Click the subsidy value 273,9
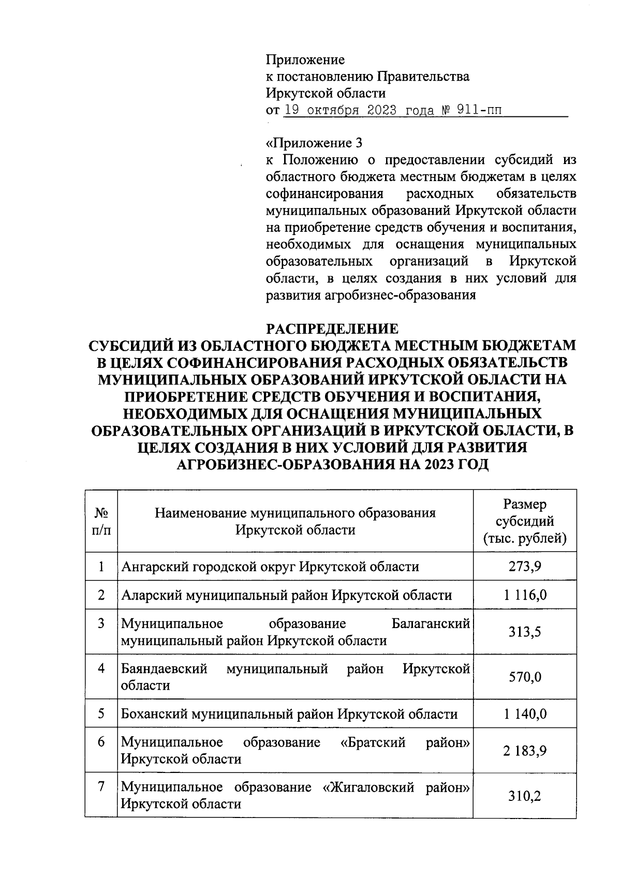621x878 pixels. click(524, 567)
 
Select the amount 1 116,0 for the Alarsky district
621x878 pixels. click(524, 595)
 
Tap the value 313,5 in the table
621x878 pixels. click(524, 632)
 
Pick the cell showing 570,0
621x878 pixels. click(524, 677)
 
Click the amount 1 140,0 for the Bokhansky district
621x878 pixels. click(524, 715)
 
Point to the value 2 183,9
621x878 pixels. click(524, 751)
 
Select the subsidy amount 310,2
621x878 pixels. click(524, 796)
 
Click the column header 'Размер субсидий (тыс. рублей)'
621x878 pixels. click(524, 522)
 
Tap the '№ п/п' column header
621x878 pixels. click(101, 522)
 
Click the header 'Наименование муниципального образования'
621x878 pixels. click(295, 513)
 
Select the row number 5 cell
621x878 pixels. click(101, 714)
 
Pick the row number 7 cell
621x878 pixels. click(101, 787)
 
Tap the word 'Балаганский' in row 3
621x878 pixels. click(431, 623)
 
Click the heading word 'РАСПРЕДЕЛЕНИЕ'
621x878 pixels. click(332, 329)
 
